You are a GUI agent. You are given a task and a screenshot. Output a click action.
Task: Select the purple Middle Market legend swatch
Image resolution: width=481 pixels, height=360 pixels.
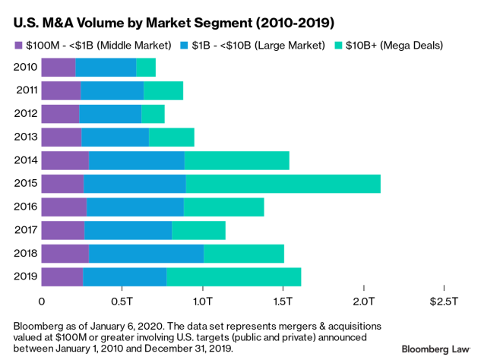pos(20,46)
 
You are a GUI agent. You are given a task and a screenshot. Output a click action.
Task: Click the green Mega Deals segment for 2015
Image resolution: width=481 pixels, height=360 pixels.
pos(283,184)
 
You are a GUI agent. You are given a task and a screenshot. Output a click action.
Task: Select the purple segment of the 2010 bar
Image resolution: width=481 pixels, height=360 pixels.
pos(58,68)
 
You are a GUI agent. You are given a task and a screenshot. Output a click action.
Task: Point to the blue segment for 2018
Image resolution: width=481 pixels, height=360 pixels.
pos(146,253)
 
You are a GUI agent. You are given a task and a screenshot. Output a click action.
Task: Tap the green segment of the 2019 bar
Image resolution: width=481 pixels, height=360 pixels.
pos(233,276)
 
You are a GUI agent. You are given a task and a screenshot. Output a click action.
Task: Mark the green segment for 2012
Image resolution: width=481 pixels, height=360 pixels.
pos(153,114)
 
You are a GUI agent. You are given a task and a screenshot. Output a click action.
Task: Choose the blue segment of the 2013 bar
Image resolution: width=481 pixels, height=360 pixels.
pos(115,137)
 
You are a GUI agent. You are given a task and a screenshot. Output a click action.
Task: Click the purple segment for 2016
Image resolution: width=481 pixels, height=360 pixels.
pos(63,207)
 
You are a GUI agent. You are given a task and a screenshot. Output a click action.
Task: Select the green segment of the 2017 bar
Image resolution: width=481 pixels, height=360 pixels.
pos(198,230)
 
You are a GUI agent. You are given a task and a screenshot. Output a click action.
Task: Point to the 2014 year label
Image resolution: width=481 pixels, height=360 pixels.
pos(26,160)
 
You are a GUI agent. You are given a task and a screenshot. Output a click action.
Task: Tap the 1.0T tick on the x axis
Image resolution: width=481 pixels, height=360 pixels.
pos(202,302)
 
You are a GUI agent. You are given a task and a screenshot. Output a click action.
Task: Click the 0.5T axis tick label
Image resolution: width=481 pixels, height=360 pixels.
pos(122,302)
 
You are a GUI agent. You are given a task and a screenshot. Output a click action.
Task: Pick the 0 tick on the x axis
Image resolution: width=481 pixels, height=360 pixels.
pos(41,302)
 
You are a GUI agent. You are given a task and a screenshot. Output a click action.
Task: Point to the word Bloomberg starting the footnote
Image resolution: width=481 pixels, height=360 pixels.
pos(39,325)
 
